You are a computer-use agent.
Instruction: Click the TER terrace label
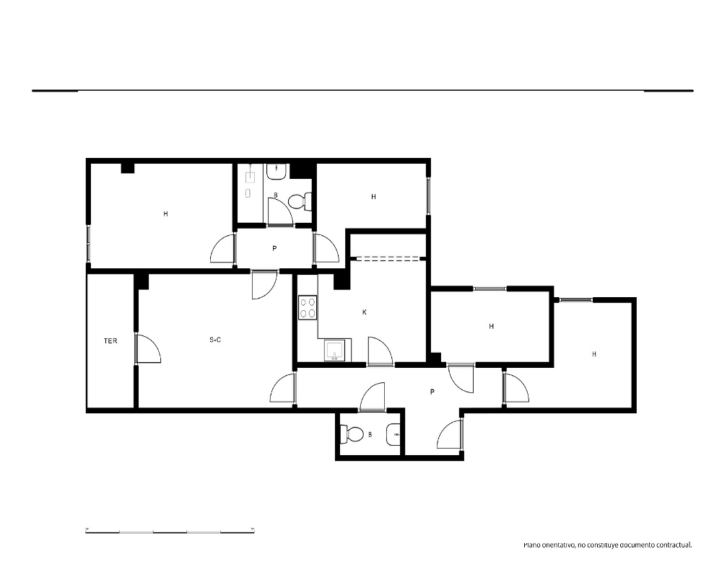(110, 341)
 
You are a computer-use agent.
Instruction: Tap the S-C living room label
(215, 340)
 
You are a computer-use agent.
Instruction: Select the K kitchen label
(364, 312)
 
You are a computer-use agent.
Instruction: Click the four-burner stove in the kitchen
(308, 308)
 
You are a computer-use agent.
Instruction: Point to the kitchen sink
(334, 351)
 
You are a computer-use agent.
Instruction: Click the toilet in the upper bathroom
(300, 201)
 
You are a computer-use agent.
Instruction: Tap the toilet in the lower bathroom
(352, 434)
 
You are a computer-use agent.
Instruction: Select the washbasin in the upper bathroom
(277, 172)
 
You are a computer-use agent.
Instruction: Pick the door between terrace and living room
(147, 349)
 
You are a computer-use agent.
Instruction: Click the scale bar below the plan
(170, 532)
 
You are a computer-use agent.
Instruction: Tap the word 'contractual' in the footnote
(674, 545)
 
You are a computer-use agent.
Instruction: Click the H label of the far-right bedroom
(594, 354)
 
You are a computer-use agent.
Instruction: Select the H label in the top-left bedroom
(166, 214)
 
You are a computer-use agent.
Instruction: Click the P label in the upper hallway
(274, 248)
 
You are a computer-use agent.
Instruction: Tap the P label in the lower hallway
(432, 392)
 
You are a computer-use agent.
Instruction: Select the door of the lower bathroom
(372, 397)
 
